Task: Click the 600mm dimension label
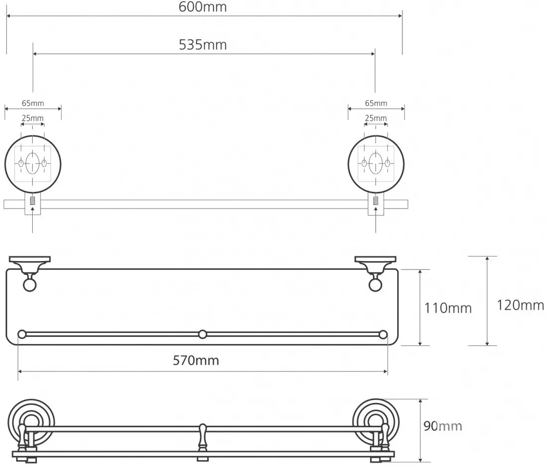[203, 7]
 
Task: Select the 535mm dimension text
[203, 45]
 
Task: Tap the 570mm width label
[196, 360]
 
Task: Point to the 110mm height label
[448, 308]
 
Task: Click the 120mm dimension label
[520, 305]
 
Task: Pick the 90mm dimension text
[443, 426]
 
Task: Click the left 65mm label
[33, 103]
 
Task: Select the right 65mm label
[376, 103]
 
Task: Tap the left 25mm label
[33, 118]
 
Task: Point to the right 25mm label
[376, 118]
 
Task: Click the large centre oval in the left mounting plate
[32, 163]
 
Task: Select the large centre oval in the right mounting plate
[376, 163]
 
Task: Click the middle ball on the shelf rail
[203, 334]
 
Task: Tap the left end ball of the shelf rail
[22, 334]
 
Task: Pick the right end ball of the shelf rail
[383, 334]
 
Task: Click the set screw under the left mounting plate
[32, 200]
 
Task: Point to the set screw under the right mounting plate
[376, 200]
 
